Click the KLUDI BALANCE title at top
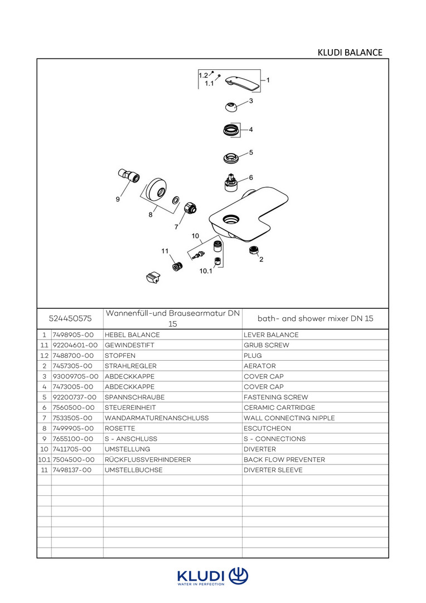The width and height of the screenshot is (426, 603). (x=350, y=52)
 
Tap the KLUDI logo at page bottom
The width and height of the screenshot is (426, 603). (x=212, y=577)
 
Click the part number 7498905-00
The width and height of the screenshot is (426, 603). (x=72, y=335)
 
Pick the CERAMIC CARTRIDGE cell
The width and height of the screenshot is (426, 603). (x=279, y=408)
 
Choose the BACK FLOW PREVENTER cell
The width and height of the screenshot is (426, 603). (x=284, y=460)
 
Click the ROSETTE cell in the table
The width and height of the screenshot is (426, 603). (x=120, y=428)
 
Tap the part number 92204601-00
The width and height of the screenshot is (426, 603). (x=75, y=345)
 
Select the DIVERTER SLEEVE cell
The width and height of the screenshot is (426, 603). (x=273, y=470)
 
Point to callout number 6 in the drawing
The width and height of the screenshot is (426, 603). (x=251, y=178)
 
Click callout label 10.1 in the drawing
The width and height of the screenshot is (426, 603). (x=206, y=271)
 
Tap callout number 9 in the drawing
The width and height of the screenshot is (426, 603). (x=118, y=199)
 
